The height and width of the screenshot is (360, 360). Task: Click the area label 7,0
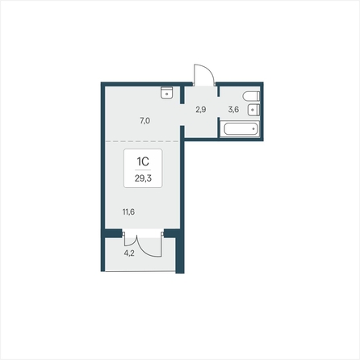[x=144, y=121]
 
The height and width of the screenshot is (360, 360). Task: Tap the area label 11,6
[x=128, y=212]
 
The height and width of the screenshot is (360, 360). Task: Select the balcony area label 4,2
[x=129, y=253]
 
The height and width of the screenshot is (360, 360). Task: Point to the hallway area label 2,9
[x=201, y=110]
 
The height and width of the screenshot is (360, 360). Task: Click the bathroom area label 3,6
[x=233, y=110]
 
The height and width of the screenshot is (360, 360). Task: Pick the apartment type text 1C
[x=143, y=161]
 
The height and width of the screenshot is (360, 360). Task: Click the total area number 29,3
[x=143, y=178]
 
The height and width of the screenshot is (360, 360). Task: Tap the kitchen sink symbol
[x=166, y=93]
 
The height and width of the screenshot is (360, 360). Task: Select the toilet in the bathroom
[x=251, y=96]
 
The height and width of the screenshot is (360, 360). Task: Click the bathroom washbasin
[x=253, y=110]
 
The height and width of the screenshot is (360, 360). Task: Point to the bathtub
[x=240, y=129]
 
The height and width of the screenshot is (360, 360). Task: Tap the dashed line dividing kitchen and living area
[x=142, y=141]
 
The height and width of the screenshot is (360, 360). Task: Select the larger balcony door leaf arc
[x=148, y=251]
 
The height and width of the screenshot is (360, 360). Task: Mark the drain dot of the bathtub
[x=253, y=129]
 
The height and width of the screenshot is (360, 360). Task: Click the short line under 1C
[x=143, y=170]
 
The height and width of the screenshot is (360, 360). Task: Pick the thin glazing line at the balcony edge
[x=140, y=271]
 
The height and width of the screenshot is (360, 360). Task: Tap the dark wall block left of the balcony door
[x=113, y=233]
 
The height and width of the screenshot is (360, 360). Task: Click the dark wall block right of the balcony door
[x=172, y=233]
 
